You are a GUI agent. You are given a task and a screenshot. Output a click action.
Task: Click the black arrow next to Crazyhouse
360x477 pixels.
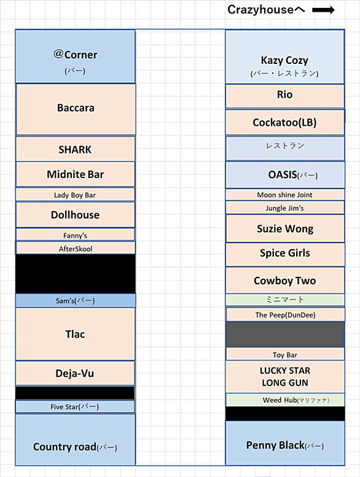pos(323,10)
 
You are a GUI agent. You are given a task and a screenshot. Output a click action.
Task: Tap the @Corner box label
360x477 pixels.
pos(75,55)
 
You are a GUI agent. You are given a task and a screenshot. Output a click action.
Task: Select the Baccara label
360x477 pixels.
pos(76,108)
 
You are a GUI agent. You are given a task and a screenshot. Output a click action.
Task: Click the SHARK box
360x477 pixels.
pos(75,149)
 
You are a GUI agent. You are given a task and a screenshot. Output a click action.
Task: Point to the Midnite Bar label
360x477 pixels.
pos(75,174)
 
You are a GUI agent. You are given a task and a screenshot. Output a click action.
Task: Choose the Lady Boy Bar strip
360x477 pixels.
pos(75,195)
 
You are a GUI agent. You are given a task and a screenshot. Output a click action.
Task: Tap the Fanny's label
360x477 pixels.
pos(75,236)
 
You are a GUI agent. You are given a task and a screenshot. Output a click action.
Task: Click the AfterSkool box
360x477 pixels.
pos(76,248)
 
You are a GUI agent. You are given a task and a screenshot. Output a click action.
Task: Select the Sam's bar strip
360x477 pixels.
pos(76,301)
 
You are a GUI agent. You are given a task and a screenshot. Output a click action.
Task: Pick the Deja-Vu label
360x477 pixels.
pos(75,373)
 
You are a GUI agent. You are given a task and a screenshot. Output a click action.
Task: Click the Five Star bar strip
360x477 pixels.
pos(75,407)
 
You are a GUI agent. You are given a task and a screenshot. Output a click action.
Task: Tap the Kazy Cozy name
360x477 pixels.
pos(284,60)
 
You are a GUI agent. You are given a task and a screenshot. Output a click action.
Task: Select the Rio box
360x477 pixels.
pos(285,96)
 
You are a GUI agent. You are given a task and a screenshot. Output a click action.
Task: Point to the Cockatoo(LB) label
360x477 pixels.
pos(284,122)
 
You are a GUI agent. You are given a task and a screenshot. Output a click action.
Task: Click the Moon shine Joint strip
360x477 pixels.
pos(285,195)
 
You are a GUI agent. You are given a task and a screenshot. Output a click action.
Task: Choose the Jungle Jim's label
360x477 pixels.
pos(284,208)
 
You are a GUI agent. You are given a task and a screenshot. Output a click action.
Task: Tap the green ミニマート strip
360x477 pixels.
pos(285,300)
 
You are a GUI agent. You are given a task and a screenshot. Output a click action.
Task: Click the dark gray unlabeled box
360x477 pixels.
pos(285,335)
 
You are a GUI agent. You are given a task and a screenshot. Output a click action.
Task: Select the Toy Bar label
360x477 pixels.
pos(285,355)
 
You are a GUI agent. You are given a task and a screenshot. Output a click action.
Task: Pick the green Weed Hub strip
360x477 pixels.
pos(285,400)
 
